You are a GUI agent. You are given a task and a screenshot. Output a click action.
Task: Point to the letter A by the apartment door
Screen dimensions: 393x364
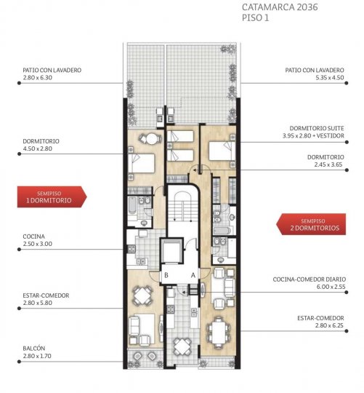[x=193, y=275]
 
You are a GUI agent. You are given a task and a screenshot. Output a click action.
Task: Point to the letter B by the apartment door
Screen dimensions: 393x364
[x=167, y=275]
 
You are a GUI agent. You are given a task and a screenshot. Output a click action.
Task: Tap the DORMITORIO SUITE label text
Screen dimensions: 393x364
[x=313, y=128]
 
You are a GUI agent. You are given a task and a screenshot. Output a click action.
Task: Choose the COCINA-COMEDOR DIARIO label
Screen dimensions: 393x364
[x=309, y=279]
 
